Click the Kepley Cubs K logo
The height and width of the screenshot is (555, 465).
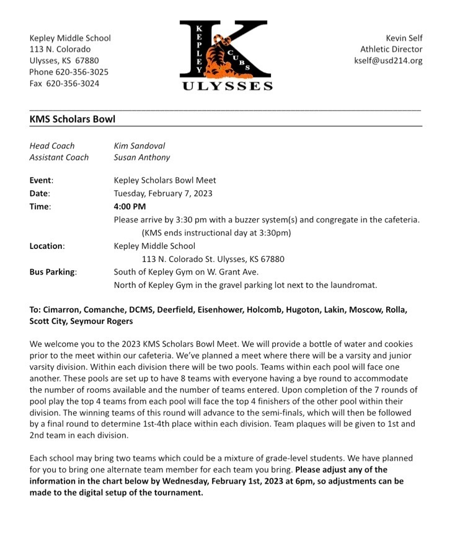click(x=225, y=48)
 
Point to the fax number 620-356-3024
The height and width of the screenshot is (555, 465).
click(x=74, y=83)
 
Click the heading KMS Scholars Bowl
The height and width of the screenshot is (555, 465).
click(x=72, y=119)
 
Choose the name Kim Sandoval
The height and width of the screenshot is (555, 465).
click(x=139, y=146)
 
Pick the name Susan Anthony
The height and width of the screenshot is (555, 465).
click(x=141, y=157)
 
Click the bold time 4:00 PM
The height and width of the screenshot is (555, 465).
click(x=130, y=206)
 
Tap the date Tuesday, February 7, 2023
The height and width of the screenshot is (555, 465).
click(x=163, y=193)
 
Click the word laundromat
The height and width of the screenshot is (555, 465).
click(x=352, y=285)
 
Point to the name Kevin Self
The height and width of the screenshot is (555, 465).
click(x=404, y=38)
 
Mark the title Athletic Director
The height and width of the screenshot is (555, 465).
click(x=391, y=50)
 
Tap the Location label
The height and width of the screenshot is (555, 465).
click(x=47, y=246)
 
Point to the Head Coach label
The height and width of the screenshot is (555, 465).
click(x=52, y=146)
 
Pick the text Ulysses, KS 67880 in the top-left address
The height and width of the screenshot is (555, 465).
click(x=64, y=61)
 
